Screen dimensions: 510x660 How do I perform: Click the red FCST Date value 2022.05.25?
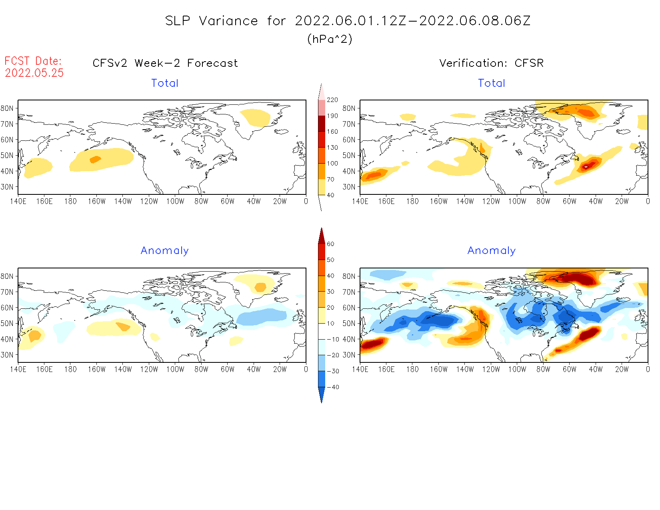34,73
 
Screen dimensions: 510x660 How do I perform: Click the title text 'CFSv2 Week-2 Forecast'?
165,63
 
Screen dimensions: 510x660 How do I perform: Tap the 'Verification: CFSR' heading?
492,63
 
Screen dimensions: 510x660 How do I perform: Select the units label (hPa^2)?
330,39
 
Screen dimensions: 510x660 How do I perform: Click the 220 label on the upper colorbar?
332,100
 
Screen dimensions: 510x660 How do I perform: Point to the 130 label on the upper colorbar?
332,147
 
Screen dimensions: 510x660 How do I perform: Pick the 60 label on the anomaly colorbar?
330,244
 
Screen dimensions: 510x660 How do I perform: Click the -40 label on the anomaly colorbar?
333,387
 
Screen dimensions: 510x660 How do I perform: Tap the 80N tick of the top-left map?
7,108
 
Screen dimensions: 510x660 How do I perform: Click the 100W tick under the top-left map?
175,201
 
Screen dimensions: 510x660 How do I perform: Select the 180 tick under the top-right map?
412,201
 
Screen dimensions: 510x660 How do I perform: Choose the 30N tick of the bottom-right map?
349,355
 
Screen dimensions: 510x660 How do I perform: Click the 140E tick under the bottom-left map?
18,369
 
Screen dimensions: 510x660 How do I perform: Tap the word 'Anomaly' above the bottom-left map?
164,250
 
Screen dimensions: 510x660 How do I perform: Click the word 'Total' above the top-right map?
492,83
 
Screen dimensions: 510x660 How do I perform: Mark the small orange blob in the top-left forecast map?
95,159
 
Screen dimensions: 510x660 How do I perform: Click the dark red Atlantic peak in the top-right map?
586,166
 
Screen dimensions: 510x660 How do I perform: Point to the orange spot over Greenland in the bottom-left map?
260,287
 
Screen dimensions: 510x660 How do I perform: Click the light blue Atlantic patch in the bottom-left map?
261,317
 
